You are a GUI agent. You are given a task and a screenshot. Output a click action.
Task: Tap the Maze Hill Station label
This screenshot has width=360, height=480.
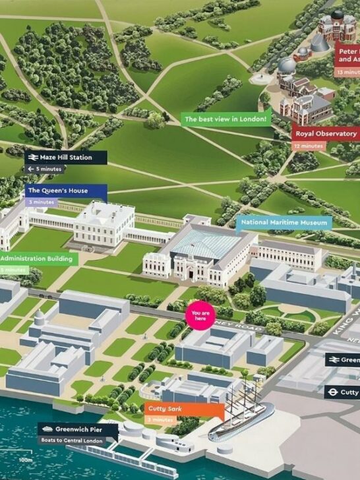66,158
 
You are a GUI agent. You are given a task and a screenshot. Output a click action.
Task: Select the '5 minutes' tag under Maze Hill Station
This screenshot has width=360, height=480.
45,169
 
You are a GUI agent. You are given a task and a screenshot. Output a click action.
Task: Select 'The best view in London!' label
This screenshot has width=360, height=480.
226,119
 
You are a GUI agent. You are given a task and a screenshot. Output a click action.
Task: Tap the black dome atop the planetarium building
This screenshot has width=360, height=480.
337,14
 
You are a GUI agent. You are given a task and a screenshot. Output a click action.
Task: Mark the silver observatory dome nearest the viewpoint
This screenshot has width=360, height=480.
287,65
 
